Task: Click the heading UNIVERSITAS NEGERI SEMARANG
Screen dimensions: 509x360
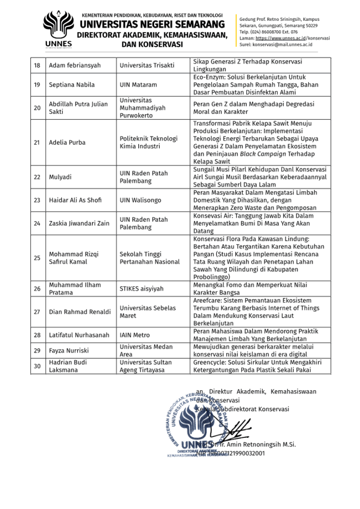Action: click(152, 24)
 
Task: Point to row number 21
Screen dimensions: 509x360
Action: click(37, 143)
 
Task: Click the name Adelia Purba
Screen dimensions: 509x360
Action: click(67, 143)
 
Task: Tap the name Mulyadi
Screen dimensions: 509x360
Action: click(60, 177)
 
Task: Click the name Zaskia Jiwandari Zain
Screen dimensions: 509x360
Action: click(79, 223)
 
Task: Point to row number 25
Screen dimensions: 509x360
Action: click(37, 258)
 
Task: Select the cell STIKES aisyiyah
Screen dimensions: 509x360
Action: click(141, 289)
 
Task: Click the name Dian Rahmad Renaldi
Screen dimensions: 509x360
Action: click(80, 312)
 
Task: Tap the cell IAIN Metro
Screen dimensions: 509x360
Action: click(135, 335)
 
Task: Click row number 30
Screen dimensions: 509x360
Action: click(37, 366)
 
